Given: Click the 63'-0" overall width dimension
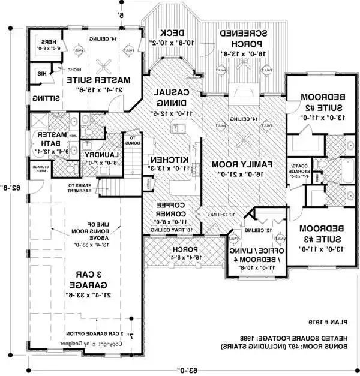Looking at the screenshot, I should click(x=180, y=368).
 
